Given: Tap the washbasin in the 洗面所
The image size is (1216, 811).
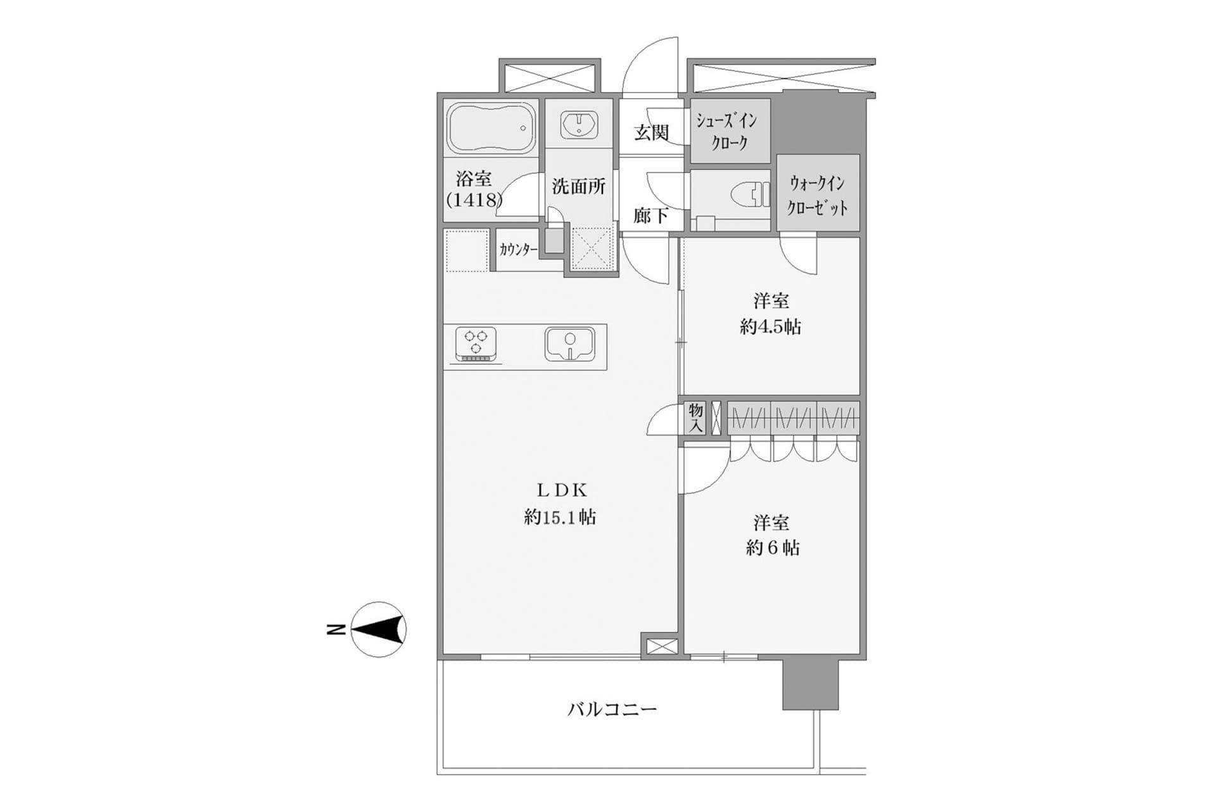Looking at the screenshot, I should [578, 124].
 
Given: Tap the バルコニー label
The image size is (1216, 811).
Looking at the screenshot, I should [612, 708].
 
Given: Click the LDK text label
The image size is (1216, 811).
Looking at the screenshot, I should [562, 490].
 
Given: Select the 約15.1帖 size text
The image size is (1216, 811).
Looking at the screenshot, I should [560, 518].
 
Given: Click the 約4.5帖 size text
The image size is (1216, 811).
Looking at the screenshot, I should [770, 327].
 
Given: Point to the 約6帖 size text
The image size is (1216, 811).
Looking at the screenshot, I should [772, 548].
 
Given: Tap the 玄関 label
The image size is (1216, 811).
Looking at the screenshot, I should [651, 132].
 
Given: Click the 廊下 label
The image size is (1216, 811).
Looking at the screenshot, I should [651, 216].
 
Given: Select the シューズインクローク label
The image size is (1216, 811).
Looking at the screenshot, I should [729, 131].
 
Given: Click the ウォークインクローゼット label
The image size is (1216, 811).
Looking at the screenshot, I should [817, 195].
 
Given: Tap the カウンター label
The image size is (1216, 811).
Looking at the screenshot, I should [518, 250].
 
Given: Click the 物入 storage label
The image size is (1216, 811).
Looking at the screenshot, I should [695, 418].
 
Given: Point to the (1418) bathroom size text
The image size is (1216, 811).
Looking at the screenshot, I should [474, 200].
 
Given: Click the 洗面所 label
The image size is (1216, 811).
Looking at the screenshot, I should [578, 186].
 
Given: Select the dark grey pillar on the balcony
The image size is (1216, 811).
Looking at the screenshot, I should [811, 684].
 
